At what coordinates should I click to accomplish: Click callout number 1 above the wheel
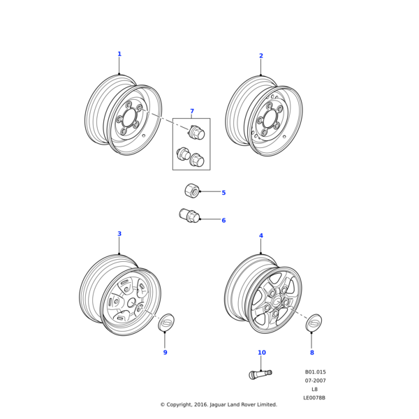click(x=119, y=54)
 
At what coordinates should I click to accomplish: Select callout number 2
click(x=261, y=56)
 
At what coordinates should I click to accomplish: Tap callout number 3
click(x=119, y=234)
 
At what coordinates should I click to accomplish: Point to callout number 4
click(x=261, y=236)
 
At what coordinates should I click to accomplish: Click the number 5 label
click(x=223, y=193)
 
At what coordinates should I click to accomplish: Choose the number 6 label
click(x=223, y=221)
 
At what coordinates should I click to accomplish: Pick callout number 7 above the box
click(x=192, y=112)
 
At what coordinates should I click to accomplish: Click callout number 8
click(x=312, y=353)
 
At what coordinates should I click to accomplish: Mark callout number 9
click(x=165, y=353)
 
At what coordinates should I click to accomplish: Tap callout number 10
click(x=262, y=353)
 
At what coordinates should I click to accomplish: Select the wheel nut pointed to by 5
click(x=192, y=190)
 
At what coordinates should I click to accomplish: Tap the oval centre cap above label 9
click(x=166, y=322)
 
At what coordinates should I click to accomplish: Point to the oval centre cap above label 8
click(x=314, y=323)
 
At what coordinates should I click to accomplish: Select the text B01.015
click(x=315, y=372)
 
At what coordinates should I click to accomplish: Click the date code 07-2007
click(x=315, y=381)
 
